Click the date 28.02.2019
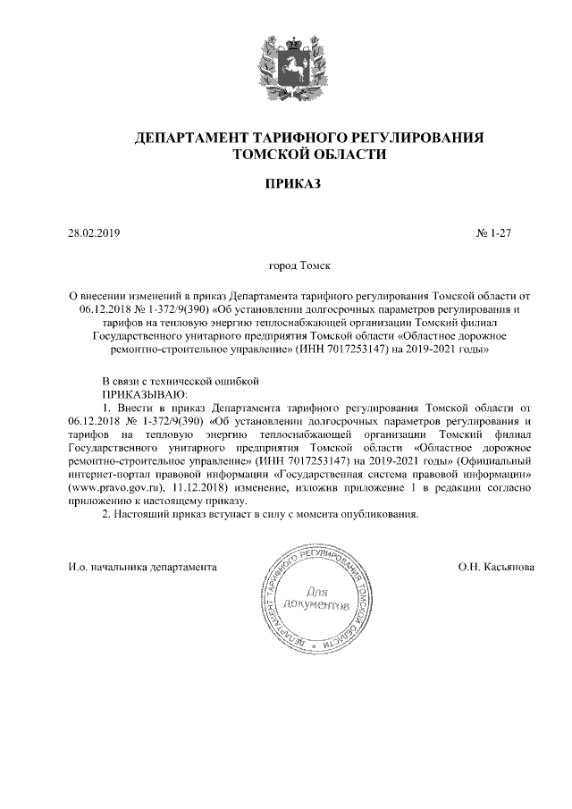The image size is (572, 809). tap(94, 234)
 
